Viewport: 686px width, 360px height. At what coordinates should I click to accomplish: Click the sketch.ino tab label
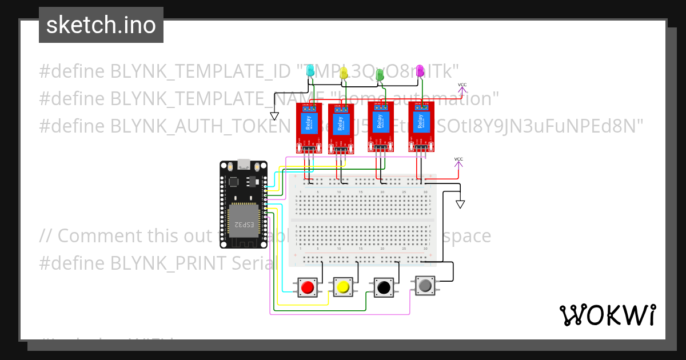(101, 26)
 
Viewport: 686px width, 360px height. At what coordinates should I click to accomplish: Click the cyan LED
(310, 71)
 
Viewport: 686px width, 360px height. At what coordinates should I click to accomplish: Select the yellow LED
(344, 73)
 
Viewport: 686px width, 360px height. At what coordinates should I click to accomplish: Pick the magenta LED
(420, 70)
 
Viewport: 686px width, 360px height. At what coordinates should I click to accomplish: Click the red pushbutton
(308, 287)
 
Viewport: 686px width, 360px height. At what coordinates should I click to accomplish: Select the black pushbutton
(384, 287)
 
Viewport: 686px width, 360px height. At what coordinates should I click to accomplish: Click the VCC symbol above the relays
(462, 86)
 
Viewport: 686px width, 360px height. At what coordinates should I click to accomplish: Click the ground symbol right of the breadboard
(460, 204)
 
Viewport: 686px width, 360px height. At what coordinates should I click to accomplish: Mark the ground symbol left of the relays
(274, 115)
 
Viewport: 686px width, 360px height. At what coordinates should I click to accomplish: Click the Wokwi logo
(607, 315)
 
